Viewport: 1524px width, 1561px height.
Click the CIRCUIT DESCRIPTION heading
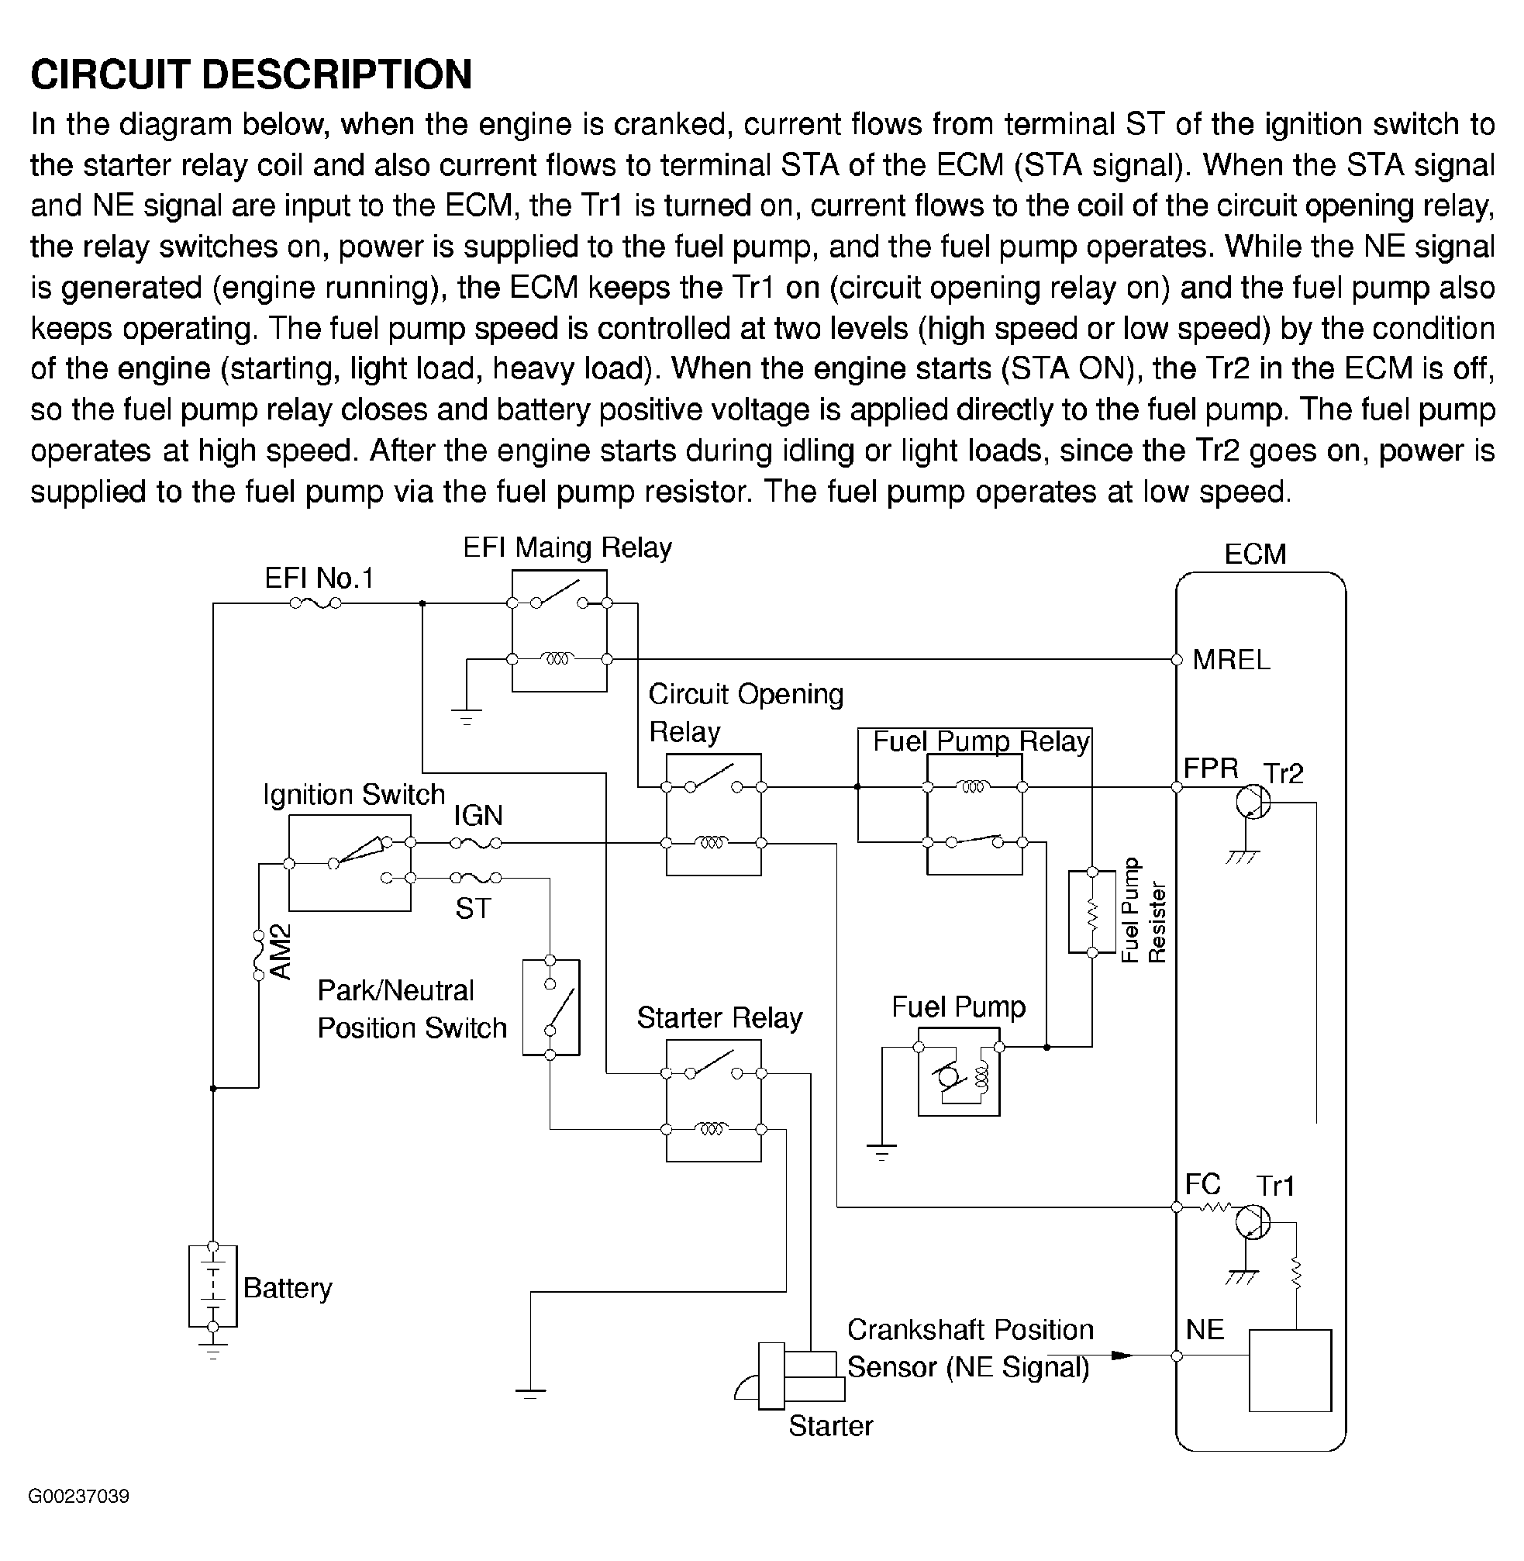[251, 74]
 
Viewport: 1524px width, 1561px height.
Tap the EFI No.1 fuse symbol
[315, 603]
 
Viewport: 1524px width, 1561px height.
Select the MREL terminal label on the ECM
[1230, 660]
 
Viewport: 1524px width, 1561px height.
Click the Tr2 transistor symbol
[1253, 801]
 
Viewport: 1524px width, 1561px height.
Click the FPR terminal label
[1210, 768]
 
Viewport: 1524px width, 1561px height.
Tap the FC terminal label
[1202, 1184]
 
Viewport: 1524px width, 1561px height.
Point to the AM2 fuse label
[280, 951]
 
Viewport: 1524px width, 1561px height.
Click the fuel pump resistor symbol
[1091, 912]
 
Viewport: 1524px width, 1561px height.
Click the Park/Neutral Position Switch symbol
[550, 1007]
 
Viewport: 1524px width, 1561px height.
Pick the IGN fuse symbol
[475, 843]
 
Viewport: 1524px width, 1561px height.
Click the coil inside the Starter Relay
[712, 1130]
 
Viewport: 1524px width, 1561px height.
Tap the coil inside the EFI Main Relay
[558, 659]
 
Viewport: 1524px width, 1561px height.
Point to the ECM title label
[1255, 554]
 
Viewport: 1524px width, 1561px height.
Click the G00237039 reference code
[78, 1496]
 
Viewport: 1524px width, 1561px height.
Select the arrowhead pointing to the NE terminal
[1122, 1356]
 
